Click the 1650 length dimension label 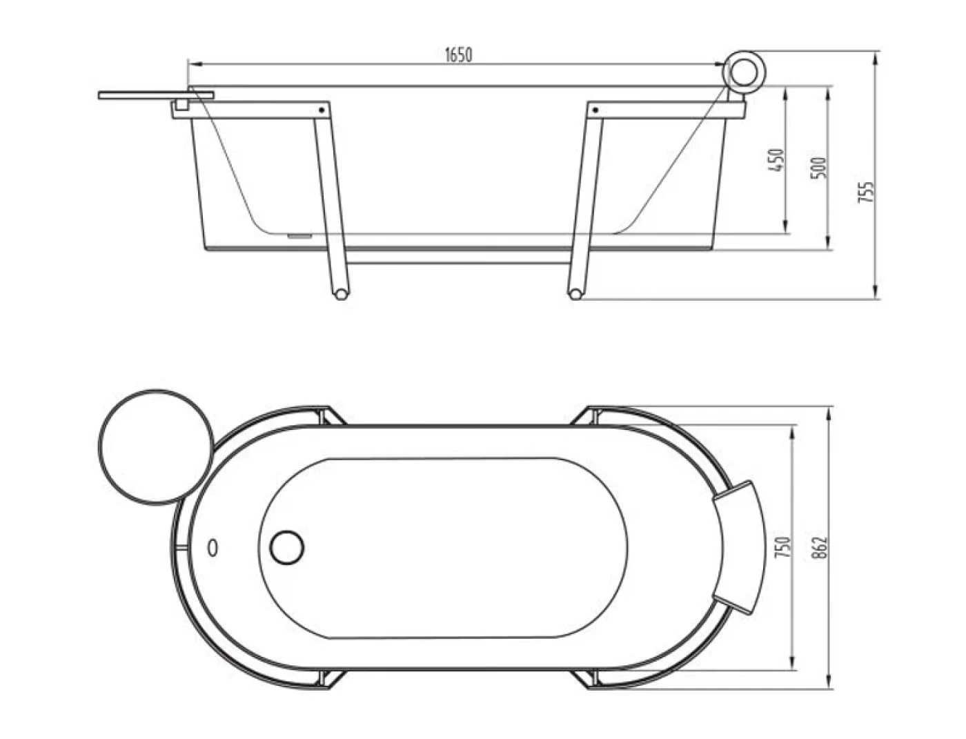pyautogui.click(x=458, y=55)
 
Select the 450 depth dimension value pyautogui.click(x=778, y=160)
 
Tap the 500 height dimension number pyautogui.click(x=819, y=168)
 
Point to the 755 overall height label pyautogui.click(x=866, y=192)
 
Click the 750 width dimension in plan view pyautogui.click(x=784, y=547)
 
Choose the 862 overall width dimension pyautogui.click(x=820, y=547)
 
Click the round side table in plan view pyautogui.click(x=156, y=446)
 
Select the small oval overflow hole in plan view pyautogui.click(x=213, y=548)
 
